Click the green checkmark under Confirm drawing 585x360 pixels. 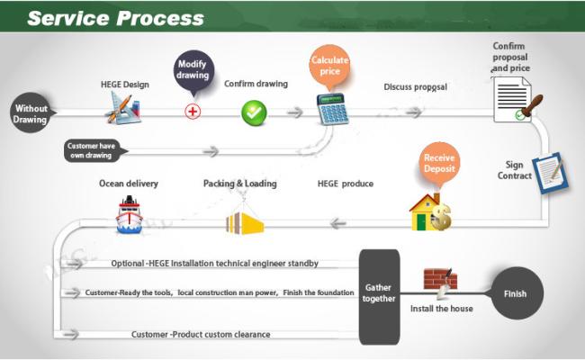click(254, 112)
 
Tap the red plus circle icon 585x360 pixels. click(193, 112)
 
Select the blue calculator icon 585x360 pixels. click(332, 109)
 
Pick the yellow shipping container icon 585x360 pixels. click(245, 223)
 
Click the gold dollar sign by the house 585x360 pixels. click(442, 216)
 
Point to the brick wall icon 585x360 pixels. click(440, 279)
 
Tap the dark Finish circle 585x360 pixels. click(517, 293)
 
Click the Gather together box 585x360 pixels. click(379, 297)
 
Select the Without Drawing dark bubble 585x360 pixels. click(31, 113)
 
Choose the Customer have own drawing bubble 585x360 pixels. click(94, 150)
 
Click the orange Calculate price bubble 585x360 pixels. click(329, 66)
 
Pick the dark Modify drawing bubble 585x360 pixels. click(193, 71)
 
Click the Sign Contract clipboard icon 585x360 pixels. click(551, 173)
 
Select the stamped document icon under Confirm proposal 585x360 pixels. click(515, 100)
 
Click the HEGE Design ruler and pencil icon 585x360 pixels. click(123, 108)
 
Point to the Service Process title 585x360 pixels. click(116, 18)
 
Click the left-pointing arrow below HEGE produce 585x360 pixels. click(338, 223)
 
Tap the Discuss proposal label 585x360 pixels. click(415, 87)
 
